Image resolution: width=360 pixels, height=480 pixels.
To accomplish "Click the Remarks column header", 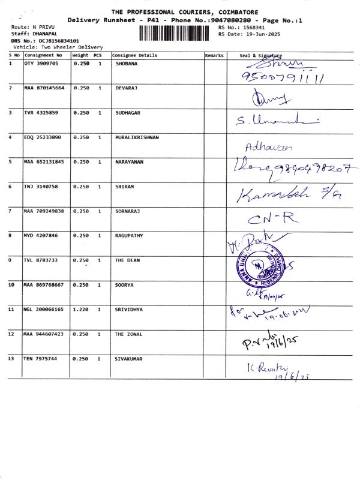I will pos(214,55).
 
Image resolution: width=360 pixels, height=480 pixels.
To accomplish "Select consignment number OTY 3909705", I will pos(41,63).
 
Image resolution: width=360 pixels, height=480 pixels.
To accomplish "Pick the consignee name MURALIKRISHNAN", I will pos(137,137).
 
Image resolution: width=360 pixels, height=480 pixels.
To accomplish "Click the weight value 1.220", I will pos(81,310).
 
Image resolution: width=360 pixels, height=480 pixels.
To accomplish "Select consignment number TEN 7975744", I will pos(41,359).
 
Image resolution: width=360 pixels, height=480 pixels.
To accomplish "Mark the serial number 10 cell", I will pos(12,285).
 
